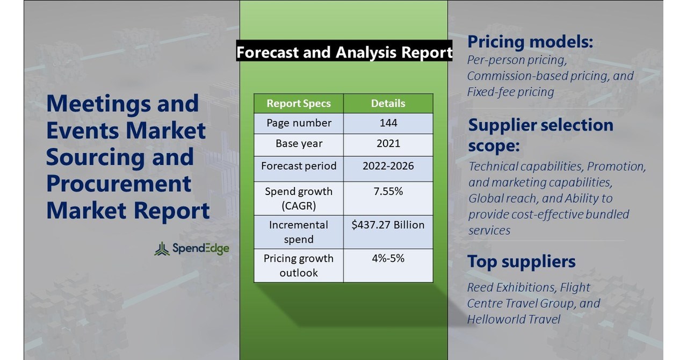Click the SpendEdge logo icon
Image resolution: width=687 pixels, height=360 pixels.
point(162,249)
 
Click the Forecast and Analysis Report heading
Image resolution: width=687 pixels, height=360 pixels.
point(344,52)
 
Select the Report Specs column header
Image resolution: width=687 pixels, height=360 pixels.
point(299,103)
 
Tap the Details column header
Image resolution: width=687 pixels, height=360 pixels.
point(388,103)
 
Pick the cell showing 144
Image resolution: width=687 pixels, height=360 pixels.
point(388,123)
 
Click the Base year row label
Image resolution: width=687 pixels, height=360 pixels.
point(299,144)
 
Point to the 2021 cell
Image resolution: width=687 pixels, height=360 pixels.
point(388,144)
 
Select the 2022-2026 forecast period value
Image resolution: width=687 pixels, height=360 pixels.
point(388,165)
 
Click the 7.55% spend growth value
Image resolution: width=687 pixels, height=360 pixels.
point(388,191)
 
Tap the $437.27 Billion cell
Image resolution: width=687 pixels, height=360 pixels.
point(388,225)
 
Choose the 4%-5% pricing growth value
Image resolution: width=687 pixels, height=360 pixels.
point(388,258)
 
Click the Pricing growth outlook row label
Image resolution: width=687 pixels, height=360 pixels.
point(299,265)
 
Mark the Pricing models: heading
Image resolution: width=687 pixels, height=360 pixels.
point(530,42)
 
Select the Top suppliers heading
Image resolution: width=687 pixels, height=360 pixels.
point(521,262)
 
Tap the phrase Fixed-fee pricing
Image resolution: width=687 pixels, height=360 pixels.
point(510,92)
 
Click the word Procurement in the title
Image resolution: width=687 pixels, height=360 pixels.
point(119,184)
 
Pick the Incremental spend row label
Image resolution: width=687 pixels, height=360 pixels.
point(299,232)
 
